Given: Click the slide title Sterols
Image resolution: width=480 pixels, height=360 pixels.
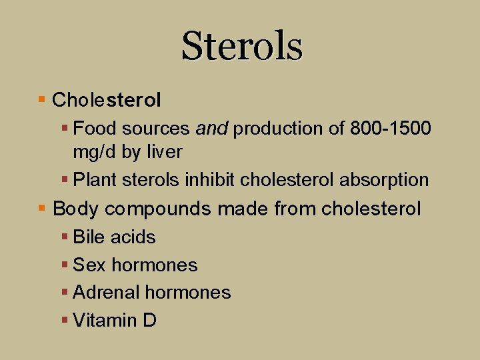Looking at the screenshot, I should point(241,46).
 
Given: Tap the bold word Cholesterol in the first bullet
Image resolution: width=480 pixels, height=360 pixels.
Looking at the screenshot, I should point(107,101).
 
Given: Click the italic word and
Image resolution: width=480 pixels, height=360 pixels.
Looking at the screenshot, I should point(212,128).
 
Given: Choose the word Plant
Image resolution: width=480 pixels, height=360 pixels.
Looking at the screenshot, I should point(92,180).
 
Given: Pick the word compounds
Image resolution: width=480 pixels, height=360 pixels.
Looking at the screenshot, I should point(159,209).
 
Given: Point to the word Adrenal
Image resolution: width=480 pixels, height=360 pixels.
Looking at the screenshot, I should point(106,293).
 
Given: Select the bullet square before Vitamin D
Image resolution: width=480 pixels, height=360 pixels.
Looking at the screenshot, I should point(65,320).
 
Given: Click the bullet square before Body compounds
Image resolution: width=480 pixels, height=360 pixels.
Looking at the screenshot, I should point(42,209).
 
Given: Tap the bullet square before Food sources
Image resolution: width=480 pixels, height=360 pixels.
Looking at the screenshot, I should point(65,127).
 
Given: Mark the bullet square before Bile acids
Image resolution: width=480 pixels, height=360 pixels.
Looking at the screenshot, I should point(65,237).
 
